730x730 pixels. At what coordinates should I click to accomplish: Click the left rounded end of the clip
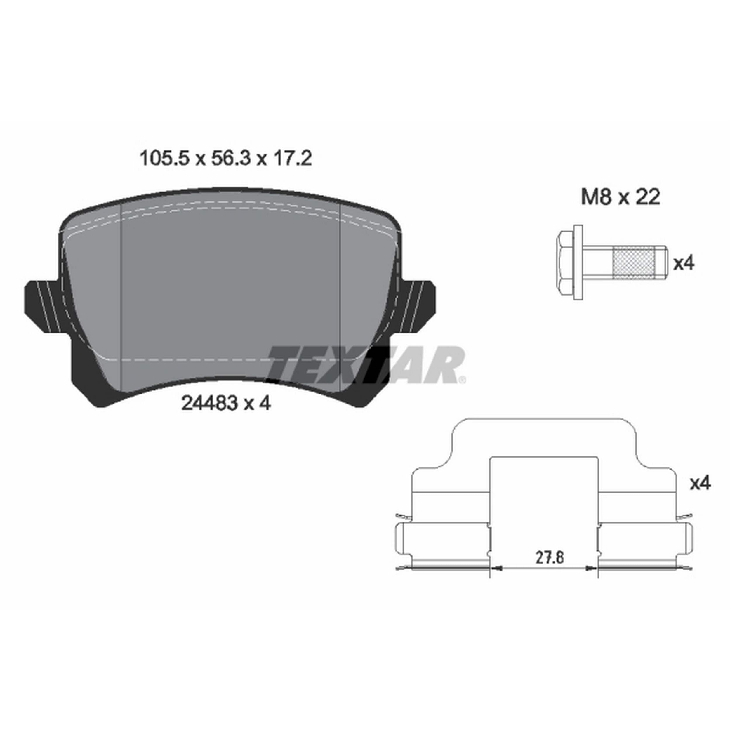pos(401,545)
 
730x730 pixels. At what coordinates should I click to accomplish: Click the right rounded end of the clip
pos(687,545)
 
